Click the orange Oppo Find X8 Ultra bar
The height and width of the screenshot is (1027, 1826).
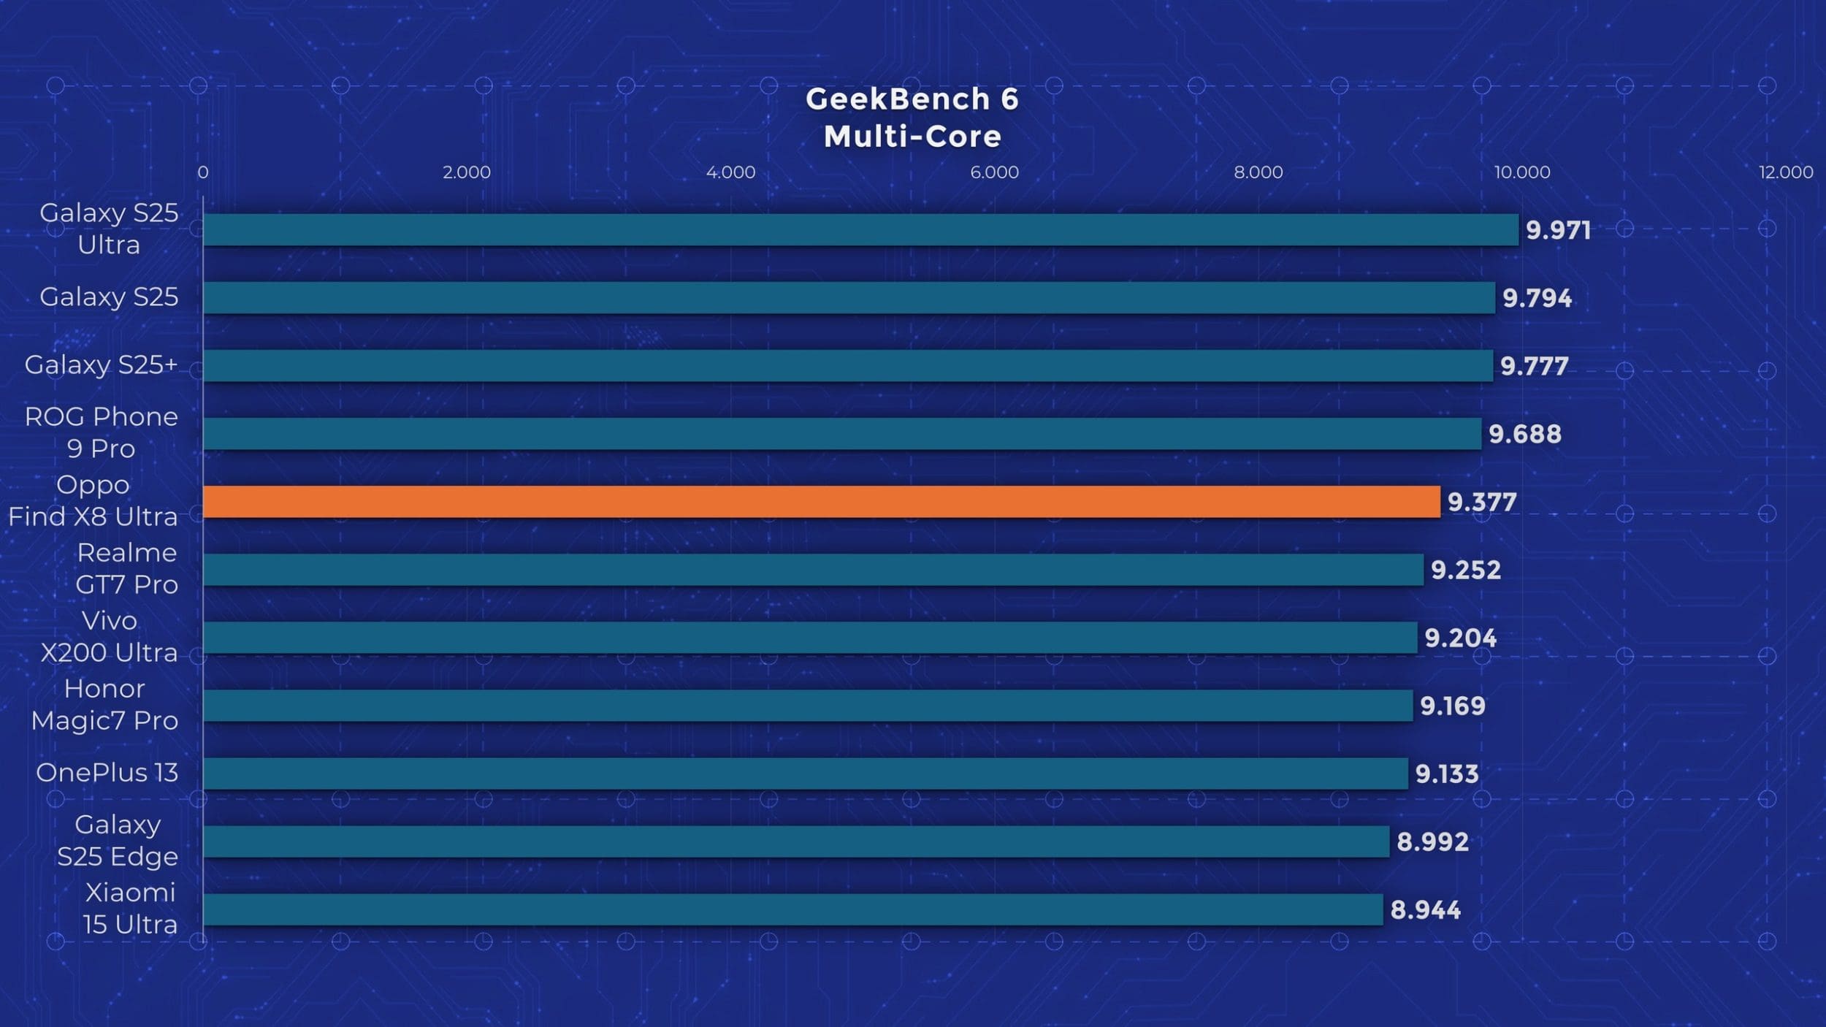(821, 502)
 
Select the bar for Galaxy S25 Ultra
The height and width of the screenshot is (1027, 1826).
(860, 229)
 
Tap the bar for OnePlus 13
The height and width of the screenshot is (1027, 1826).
(805, 774)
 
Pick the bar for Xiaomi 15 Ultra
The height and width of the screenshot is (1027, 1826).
(792, 909)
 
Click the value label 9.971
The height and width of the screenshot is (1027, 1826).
(1558, 230)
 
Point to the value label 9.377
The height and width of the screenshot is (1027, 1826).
(1482, 502)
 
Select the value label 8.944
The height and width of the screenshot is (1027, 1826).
(1425, 910)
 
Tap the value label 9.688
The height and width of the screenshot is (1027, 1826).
(1525, 434)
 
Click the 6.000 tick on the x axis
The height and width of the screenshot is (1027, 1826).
(994, 172)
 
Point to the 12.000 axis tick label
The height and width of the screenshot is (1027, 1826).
(1786, 172)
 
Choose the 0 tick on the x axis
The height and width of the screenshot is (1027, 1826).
(203, 172)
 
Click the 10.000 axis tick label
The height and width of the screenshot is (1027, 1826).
(1522, 172)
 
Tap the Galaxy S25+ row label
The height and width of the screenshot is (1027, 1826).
(102, 364)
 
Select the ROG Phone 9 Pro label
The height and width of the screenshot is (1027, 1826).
(102, 432)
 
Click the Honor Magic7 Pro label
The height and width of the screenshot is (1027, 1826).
(104, 704)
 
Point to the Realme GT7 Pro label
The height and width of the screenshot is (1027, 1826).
(127, 568)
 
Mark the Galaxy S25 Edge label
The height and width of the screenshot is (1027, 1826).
(118, 840)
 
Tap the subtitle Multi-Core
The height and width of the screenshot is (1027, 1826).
(912, 137)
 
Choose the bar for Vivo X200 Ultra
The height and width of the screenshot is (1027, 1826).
(809, 638)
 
